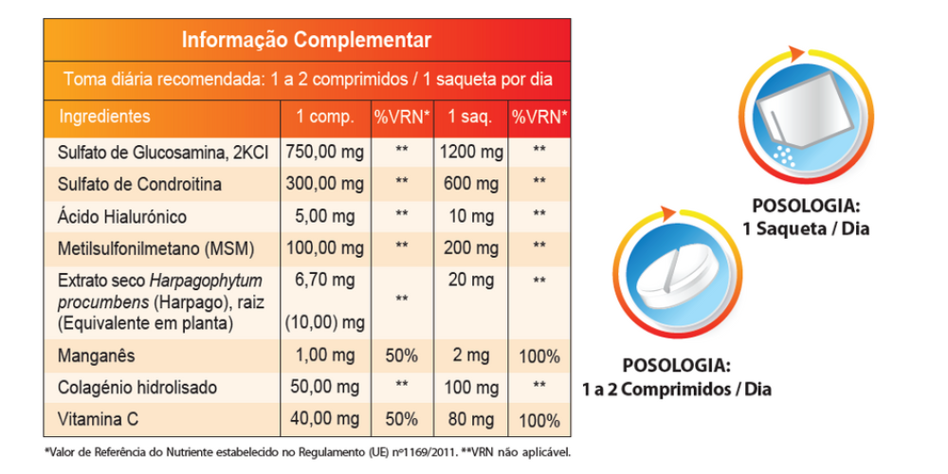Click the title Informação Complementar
coord(306,40)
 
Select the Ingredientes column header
coord(104,117)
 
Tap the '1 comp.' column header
coord(325,118)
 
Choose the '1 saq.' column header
coord(469,118)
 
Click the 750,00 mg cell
coord(325,152)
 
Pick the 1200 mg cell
coord(471,152)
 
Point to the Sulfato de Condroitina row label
coord(138,184)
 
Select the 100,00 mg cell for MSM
coord(325,248)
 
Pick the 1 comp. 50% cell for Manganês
coord(402,356)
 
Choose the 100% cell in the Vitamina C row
coord(539,419)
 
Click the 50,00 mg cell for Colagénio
coord(325,388)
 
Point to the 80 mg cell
coord(471,419)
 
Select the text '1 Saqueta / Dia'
coord(807,228)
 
